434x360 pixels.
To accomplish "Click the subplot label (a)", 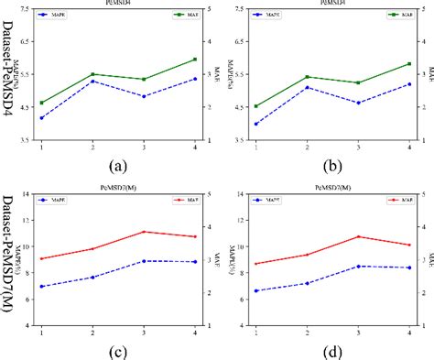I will point(117,167).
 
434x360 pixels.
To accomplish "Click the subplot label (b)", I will point(331,167).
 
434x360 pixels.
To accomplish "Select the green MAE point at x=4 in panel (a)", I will point(194,60).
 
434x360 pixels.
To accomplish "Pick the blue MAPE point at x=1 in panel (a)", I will point(41,118).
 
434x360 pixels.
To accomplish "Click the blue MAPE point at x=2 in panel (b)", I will point(307,87).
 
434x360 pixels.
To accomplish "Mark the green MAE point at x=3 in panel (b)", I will point(358,82).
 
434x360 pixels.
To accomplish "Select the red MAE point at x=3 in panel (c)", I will point(143,232).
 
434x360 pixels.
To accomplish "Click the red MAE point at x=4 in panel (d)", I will point(409,245).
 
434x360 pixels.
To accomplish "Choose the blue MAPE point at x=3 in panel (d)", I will point(358,266).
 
